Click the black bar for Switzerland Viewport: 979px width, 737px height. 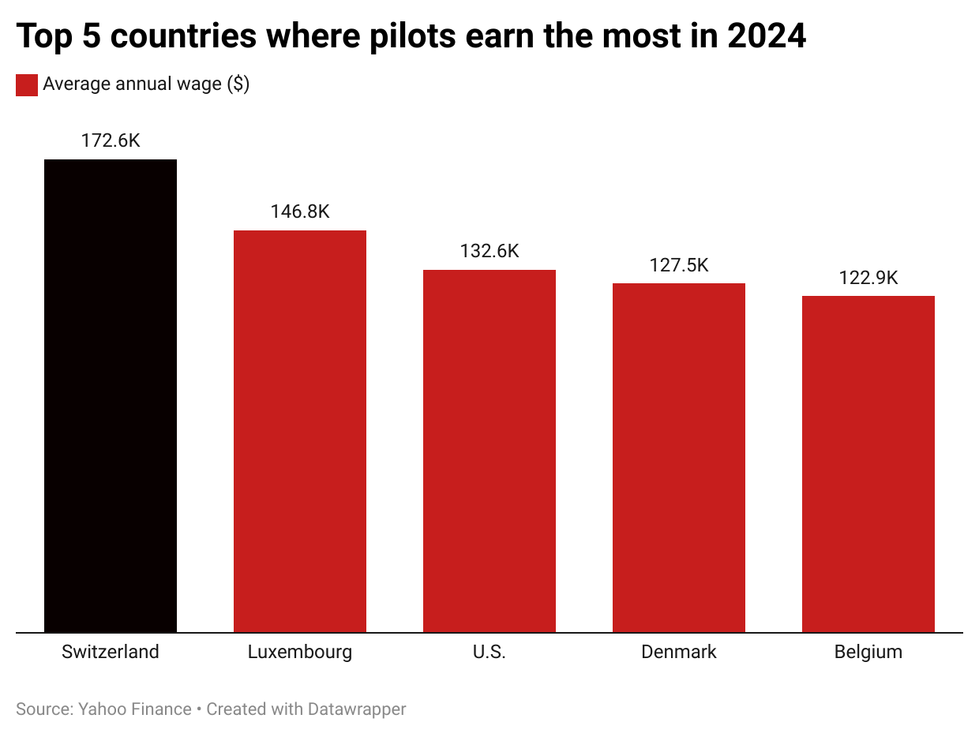[111, 395]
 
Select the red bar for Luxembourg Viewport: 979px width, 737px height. [300, 431]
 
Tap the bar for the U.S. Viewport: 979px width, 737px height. [489, 451]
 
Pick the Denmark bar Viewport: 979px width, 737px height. [679, 458]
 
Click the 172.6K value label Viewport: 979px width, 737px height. [111, 141]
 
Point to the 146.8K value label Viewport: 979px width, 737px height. [300, 211]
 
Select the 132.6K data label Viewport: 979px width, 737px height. [489, 251]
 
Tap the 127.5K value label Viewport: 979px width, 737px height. [679, 265]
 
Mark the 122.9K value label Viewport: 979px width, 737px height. [868, 278]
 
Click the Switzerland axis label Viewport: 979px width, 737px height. [111, 652]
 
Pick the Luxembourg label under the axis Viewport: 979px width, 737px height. [300, 652]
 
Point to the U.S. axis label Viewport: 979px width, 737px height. [489, 652]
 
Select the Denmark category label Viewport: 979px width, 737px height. [679, 652]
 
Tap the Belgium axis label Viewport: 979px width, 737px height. [868, 652]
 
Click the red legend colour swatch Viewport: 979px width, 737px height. [27, 85]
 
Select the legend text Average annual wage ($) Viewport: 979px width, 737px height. [146, 84]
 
